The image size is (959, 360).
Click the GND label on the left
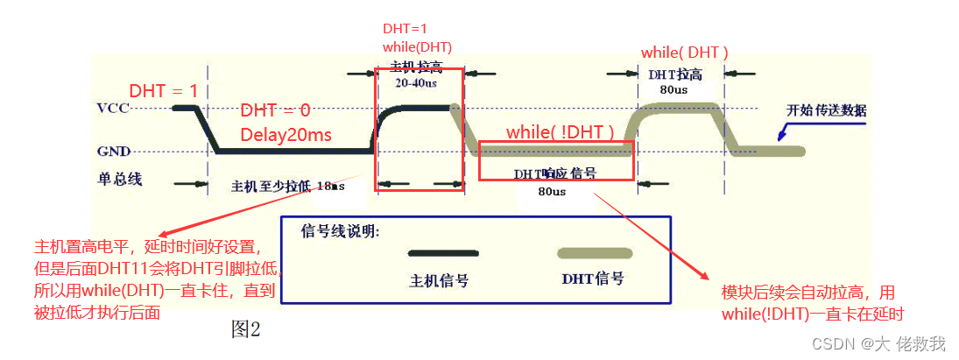click(115, 151)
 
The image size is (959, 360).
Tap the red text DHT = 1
click(164, 91)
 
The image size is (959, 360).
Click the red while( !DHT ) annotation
click(560, 131)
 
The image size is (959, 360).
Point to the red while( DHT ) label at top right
click(684, 53)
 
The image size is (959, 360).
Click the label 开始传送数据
click(826, 110)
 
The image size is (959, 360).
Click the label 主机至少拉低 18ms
click(288, 187)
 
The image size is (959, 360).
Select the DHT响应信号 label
click(556, 173)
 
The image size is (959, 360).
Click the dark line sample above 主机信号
click(443, 253)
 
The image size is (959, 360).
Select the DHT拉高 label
click(675, 74)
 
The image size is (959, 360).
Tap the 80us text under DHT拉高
click(673, 89)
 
